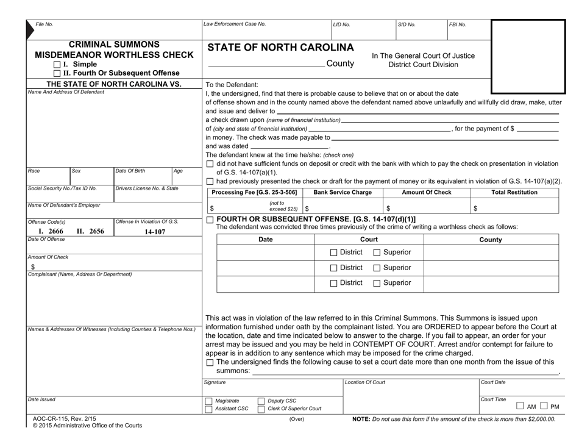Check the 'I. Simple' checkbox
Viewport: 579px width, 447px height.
[x=57, y=65]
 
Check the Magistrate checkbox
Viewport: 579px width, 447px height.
[x=209, y=401]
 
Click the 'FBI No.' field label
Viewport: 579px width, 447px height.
[x=457, y=24]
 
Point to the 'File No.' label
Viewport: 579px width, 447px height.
[x=44, y=24]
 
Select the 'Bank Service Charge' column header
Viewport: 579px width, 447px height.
[x=342, y=192]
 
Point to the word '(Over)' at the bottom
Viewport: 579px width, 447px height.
[x=296, y=419]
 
